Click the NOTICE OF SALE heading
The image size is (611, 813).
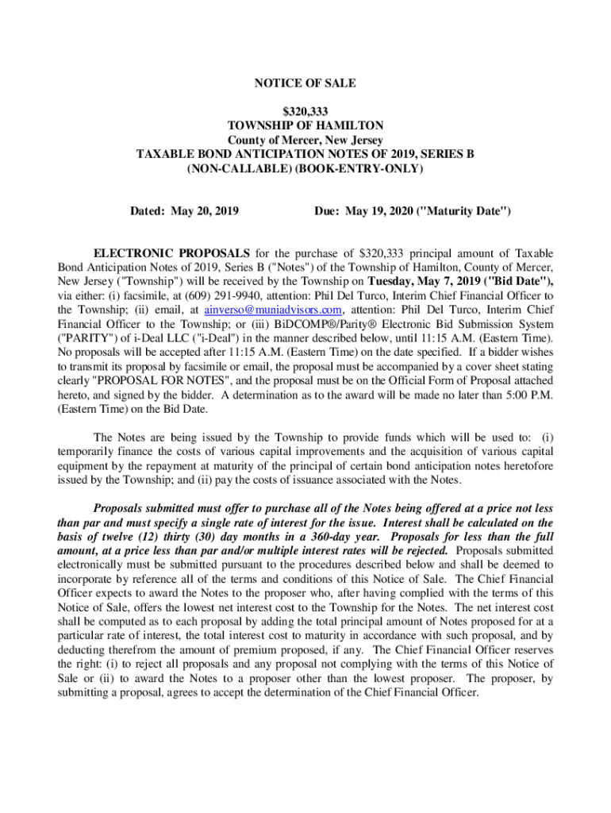click(x=305, y=83)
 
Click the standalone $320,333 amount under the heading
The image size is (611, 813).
click(x=305, y=112)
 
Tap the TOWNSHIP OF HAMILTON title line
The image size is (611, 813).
click(x=305, y=126)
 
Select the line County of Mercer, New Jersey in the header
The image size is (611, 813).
click(x=305, y=141)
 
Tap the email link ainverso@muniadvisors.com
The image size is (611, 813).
click(x=274, y=310)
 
